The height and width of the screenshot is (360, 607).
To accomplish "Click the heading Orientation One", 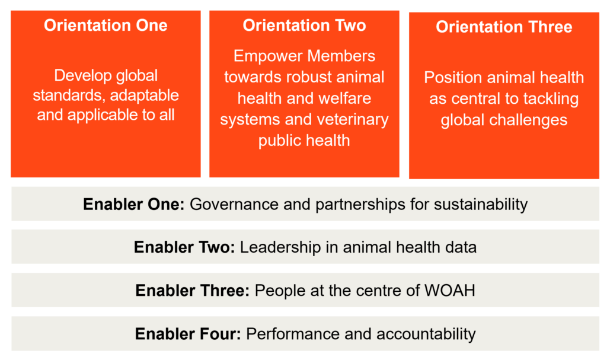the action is point(106,26).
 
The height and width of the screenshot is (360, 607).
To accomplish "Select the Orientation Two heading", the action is point(304,26).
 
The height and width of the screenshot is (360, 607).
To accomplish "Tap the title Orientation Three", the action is point(504,27).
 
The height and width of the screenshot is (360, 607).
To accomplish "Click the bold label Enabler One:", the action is point(133,205).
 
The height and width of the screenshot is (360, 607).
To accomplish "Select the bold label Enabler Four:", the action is point(188,334).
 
